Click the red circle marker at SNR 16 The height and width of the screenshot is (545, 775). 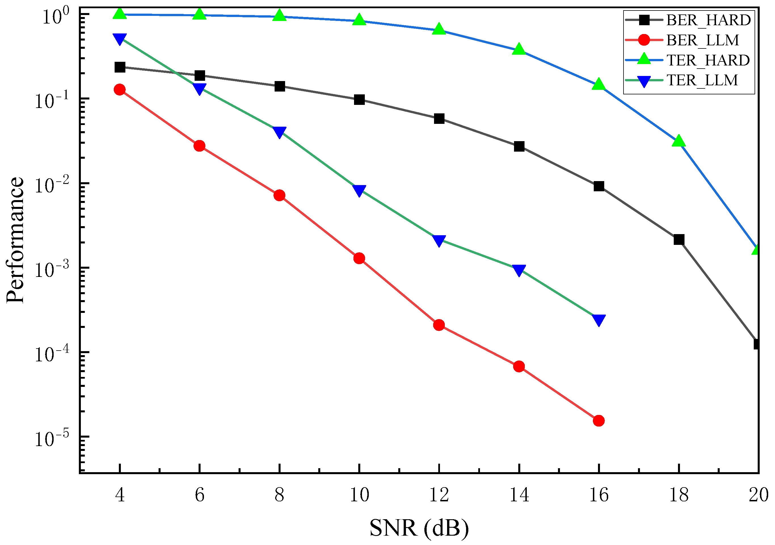[599, 421]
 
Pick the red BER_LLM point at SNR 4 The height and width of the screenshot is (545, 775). [120, 90]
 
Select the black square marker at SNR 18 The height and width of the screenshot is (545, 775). [679, 240]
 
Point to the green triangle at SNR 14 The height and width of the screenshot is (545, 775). [519, 49]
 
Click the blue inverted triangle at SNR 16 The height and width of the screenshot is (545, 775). [599, 320]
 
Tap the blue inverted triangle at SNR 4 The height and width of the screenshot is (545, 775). [120, 39]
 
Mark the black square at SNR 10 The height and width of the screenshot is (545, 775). [359, 99]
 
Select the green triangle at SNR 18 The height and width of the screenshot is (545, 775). [679, 141]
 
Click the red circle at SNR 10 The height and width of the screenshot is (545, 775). [359, 258]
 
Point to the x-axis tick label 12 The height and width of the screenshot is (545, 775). [439, 495]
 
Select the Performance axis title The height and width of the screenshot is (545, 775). [16, 240]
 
